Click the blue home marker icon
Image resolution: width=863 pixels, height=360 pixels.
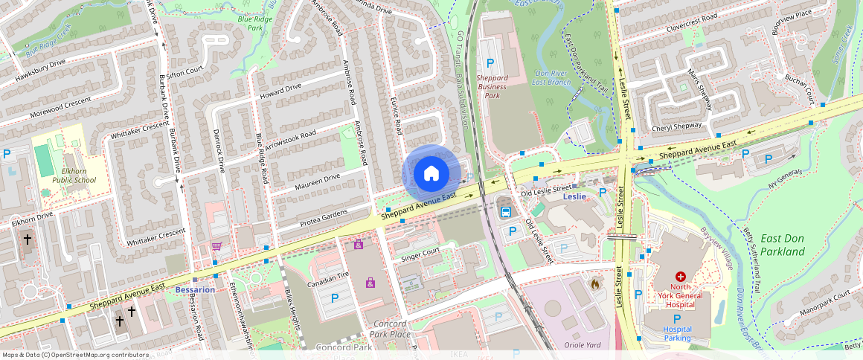coord(431,174)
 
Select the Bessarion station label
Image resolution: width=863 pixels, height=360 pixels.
coord(195,289)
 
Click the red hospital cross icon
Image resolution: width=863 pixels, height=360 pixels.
coord(680,276)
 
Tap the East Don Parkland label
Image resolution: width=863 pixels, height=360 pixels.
coord(782,245)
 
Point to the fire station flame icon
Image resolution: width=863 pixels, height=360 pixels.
coord(594,283)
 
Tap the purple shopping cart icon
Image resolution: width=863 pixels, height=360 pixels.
coord(216,246)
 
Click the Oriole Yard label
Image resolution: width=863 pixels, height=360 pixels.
coord(583,344)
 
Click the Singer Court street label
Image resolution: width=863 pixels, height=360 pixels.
coord(420,253)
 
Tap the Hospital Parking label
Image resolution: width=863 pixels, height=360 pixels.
coord(677,333)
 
